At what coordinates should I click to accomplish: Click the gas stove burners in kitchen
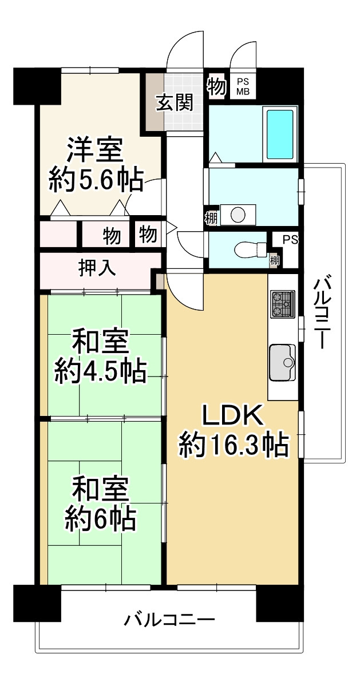283,303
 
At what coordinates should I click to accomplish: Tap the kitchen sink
282,362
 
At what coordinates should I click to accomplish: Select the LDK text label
233,416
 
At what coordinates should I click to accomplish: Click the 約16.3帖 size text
233,446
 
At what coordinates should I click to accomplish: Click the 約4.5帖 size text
101,371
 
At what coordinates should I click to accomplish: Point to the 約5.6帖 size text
96,181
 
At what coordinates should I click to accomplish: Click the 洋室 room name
95,150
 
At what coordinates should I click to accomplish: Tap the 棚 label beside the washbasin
211,217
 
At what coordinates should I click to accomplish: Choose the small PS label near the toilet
290,240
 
